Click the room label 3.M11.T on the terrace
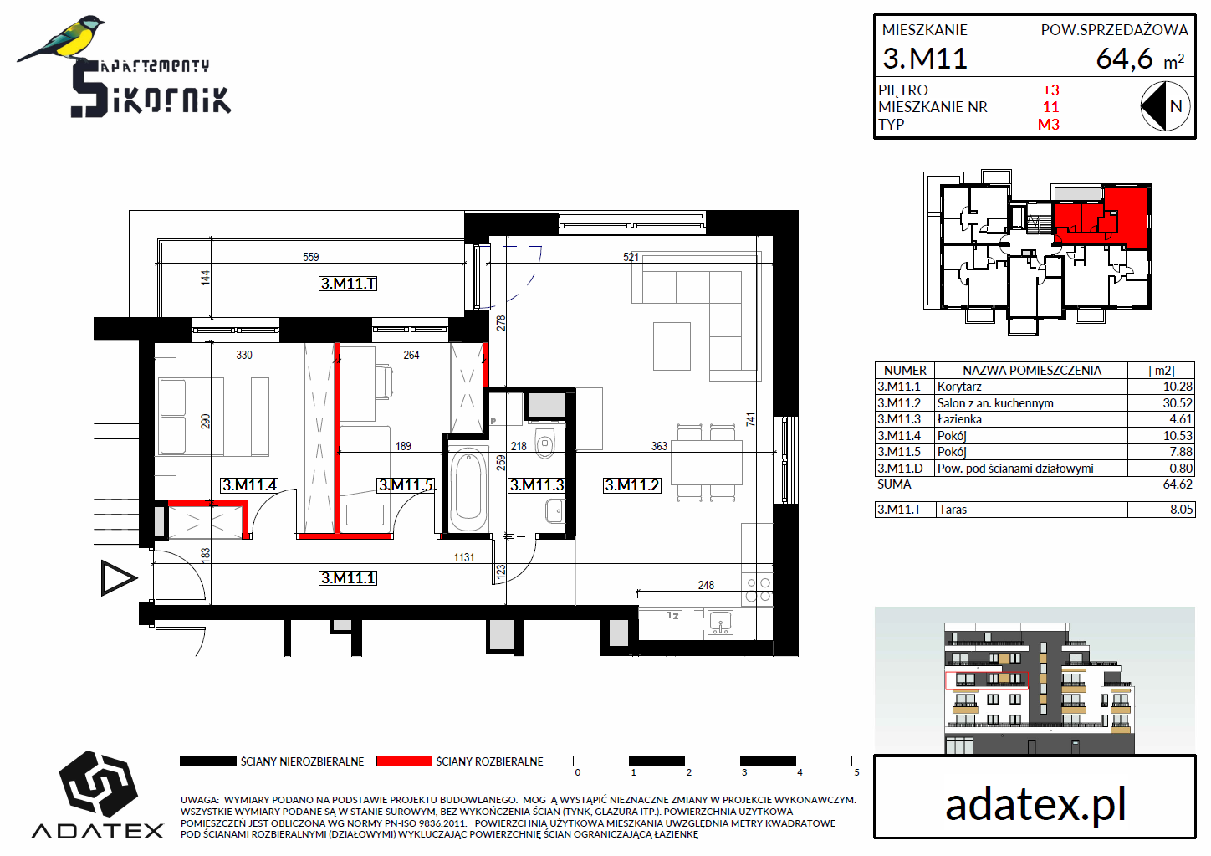(x=348, y=284)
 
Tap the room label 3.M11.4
(x=249, y=485)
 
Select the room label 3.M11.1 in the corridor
(x=348, y=578)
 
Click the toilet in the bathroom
(x=545, y=443)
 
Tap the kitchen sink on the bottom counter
(x=720, y=622)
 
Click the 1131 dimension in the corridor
(x=464, y=557)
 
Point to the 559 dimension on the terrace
(x=311, y=257)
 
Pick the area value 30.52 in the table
(x=1178, y=402)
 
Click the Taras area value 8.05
(x=1181, y=510)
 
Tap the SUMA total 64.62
(x=1178, y=484)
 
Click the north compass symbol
(x=1165, y=106)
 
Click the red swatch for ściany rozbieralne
(x=404, y=761)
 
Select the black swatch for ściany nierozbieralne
(x=207, y=761)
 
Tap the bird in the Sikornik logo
(x=61, y=39)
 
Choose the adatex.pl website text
(x=1035, y=805)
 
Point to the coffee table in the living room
(x=672, y=346)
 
